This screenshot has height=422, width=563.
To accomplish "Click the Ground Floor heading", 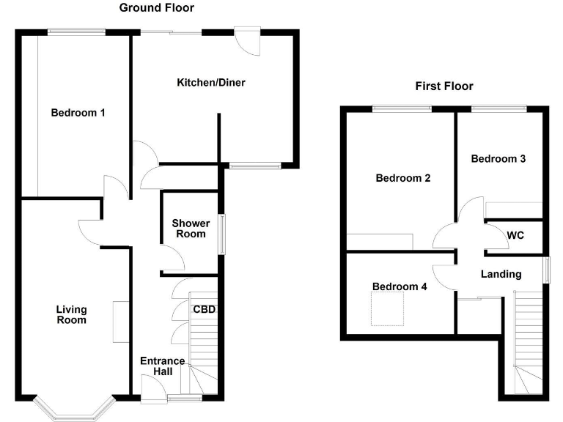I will [x=157, y=8].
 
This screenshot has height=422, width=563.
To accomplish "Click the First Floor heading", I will [x=444, y=86].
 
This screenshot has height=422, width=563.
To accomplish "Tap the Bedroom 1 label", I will [x=78, y=113].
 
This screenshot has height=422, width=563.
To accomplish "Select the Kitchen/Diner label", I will [x=211, y=83].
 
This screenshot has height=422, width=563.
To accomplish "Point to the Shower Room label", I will [x=191, y=229].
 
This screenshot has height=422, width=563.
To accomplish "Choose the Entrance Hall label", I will [x=162, y=366].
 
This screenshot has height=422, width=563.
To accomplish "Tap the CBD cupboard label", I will [x=205, y=309].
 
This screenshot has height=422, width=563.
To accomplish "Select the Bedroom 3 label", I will [x=498, y=158].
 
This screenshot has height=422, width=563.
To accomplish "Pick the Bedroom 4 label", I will [x=400, y=286].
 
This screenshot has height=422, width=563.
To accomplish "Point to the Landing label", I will [x=501, y=274].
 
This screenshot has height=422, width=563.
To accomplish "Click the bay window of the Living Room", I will [x=73, y=411].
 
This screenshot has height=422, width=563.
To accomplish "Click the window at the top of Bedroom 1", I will [x=76, y=32].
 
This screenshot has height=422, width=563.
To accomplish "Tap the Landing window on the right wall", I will [x=546, y=269].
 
